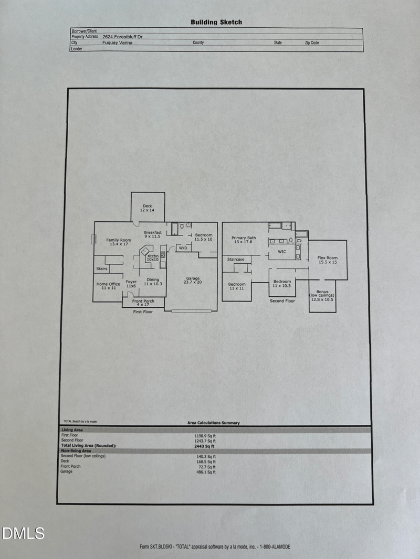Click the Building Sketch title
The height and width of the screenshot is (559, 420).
click(216, 22)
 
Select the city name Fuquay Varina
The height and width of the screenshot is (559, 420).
click(118, 43)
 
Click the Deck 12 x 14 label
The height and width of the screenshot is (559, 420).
click(147, 208)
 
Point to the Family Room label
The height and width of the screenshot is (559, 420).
click(119, 242)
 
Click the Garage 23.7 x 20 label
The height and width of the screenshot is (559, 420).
click(193, 280)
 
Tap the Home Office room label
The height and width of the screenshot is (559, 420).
click(108, 286)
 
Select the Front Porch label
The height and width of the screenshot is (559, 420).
click(143, 303)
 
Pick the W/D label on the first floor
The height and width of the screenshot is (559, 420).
click(183, 248)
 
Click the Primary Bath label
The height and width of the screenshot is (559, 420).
click(244, 240)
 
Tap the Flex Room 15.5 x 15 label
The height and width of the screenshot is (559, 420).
click(327, 260)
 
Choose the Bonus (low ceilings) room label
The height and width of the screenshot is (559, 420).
click(322, 295)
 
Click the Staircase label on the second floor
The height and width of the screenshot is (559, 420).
click(236, 260)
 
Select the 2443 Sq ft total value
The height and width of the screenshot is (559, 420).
click(205, 446)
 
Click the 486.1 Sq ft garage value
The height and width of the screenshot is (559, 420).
click(205, 472)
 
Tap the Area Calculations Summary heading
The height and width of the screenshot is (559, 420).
click(213, 423)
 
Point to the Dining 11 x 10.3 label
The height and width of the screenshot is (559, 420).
click(153, 282)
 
